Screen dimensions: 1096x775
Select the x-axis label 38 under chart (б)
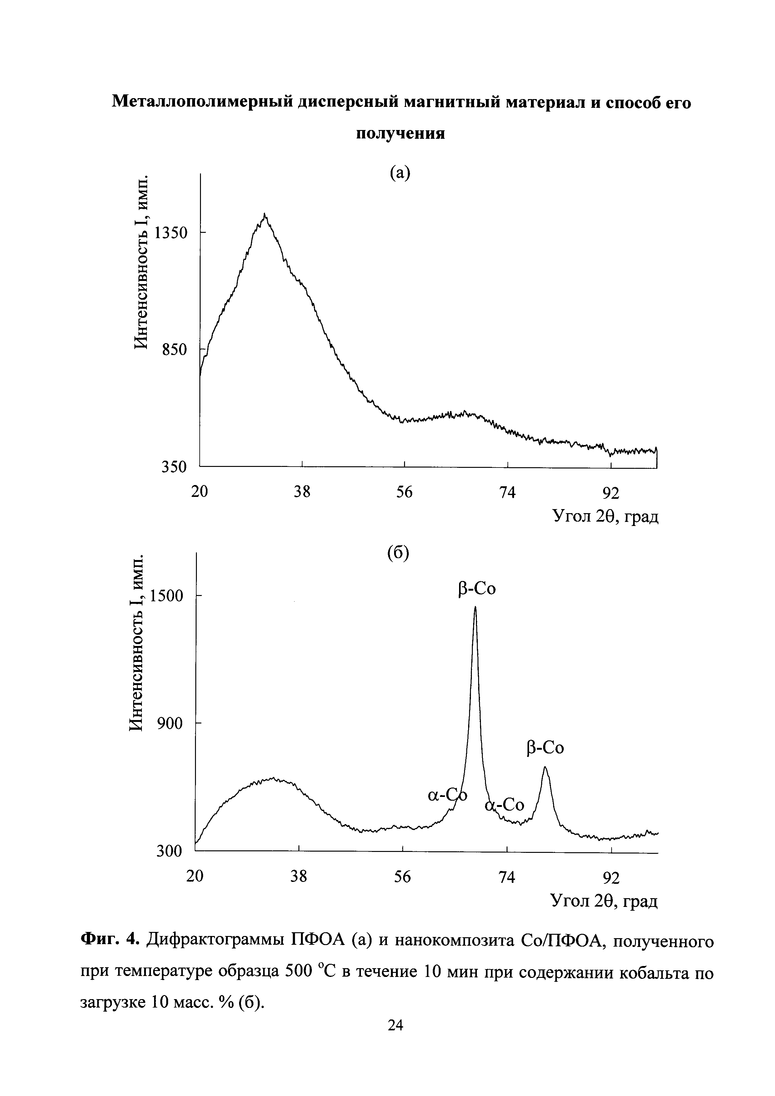pyautogui.click(x=299, y=876)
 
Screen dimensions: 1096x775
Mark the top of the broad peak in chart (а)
pyautogui.click(x=265, y=215)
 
